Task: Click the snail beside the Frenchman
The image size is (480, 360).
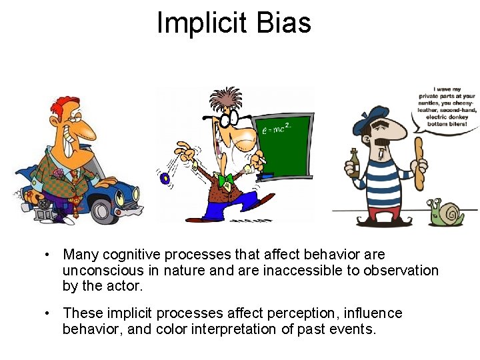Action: point(448,213)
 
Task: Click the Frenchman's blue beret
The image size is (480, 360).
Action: point(374,113)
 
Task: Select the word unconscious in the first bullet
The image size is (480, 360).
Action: point(103,271)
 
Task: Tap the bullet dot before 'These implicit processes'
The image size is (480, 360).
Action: point(48,313)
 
